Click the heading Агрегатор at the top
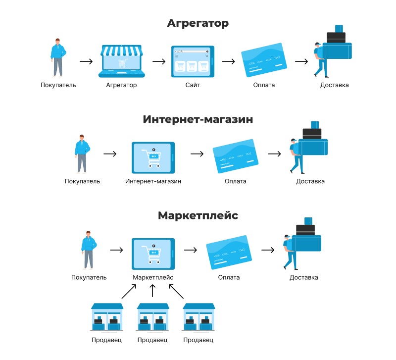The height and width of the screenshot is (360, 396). [x=198, y=23]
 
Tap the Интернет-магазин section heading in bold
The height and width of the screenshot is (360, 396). [x=198, y=119]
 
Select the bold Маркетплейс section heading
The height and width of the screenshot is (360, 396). [x=198, y=215]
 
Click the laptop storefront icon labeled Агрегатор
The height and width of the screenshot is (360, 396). [x=121, y=61]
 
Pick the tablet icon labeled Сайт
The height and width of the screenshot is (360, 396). [x=193, y=61]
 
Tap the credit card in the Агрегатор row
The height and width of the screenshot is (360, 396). [x=264, y=60]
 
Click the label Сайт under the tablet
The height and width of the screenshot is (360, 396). [x=193, y=85]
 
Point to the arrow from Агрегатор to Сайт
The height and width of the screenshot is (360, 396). [x=159, y=61]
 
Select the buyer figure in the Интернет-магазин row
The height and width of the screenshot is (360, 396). [x=82, y=154]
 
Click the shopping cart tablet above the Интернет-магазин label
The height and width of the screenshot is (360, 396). [x=153, y=157]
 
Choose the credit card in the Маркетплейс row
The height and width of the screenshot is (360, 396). [x=229, y=252]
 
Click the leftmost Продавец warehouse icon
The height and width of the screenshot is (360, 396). [x=107, y=317]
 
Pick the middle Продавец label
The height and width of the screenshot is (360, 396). [x=152, y=340]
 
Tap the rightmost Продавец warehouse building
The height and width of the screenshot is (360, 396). [x=198, y=317]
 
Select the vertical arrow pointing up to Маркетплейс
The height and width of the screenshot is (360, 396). [x=152, y=291]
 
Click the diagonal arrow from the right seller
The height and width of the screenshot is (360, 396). [x=176, y=291]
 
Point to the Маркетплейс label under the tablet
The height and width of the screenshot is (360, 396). [x=153, y=277]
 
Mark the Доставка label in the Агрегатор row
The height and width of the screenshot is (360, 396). [x=335, y=85]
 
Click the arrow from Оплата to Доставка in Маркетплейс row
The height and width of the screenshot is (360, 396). [x=268, y=250]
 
